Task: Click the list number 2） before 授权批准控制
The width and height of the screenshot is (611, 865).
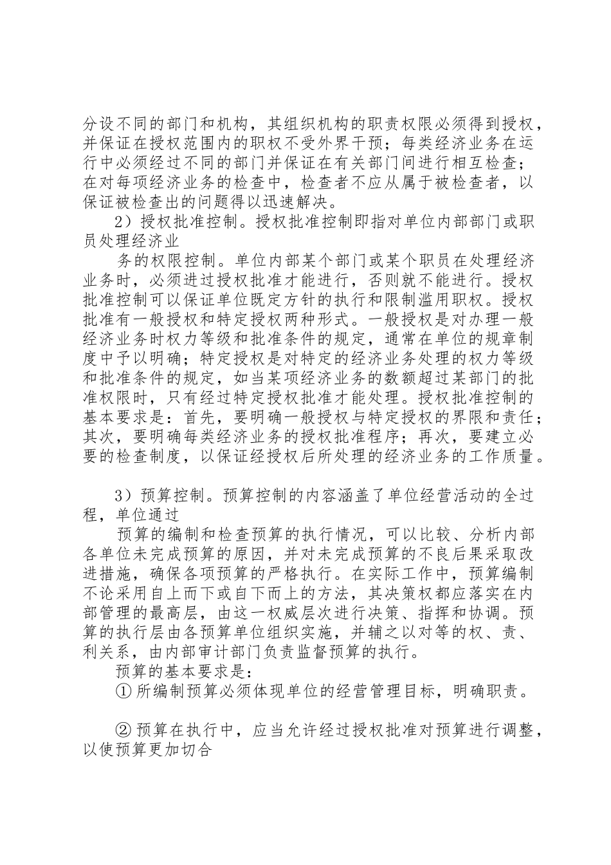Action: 123,223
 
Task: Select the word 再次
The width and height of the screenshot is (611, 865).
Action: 419,436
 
